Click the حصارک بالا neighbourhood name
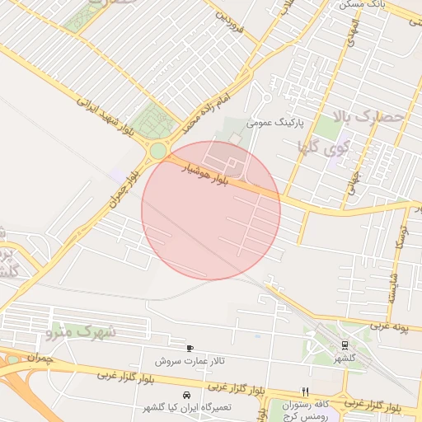[x=372, y=117]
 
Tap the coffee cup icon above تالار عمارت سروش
[x=190, y=349]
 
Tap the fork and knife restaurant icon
[x=306, y=392]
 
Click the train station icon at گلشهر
[x=344, y=345]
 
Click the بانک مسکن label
[x=361, y=5]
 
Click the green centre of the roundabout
[x=157, y=151]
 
